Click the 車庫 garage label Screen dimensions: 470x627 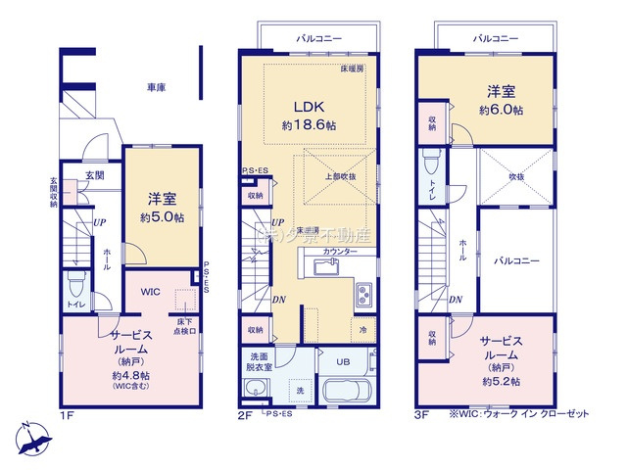156,87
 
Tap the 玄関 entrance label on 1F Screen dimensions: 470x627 94,175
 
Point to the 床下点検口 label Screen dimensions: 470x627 186,326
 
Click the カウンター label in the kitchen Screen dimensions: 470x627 340,252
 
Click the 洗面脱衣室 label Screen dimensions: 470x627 260,362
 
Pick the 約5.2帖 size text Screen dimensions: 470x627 499,380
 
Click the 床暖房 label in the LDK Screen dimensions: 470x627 352,70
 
